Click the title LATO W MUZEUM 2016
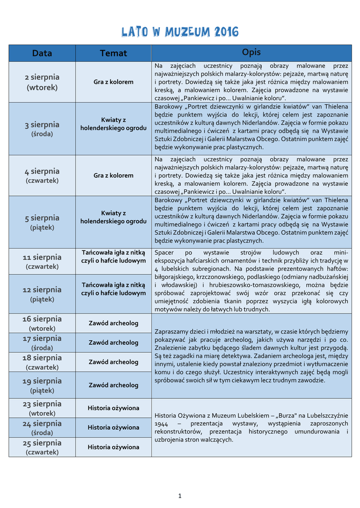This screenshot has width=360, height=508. [x=180, y=33]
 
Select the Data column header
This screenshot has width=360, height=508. [x=42, y=53]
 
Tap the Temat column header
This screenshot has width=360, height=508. [x=113, y=53]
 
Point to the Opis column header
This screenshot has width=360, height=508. [x=251, y=53]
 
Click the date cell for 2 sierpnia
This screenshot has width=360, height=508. [x=42, y=82]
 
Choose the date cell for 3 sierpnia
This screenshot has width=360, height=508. [x=42, y=128]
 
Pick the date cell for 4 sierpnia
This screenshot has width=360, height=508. [x=42, y=175]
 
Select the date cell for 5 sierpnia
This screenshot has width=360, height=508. [x=42, y=222]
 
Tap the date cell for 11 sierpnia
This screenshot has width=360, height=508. [x=42, y=261]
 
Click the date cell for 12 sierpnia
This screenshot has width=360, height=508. [x=42, y=294]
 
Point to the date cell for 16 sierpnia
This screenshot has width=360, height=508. [x=42, y=323]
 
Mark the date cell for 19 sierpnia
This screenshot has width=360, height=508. [x=42, y=385]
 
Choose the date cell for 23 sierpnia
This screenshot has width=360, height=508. [x=42, y=408]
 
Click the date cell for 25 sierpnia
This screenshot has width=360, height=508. [x=42, y=446]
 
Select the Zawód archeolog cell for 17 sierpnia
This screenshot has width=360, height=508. [x=113, y=342]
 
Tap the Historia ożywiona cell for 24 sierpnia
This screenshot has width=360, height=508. [x=113, y=427]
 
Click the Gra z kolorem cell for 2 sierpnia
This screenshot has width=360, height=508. [x=113, y=82]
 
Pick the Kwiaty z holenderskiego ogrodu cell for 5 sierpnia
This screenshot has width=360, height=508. [x=113, y=217]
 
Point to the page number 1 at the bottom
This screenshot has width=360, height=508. [x=180, y=496]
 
